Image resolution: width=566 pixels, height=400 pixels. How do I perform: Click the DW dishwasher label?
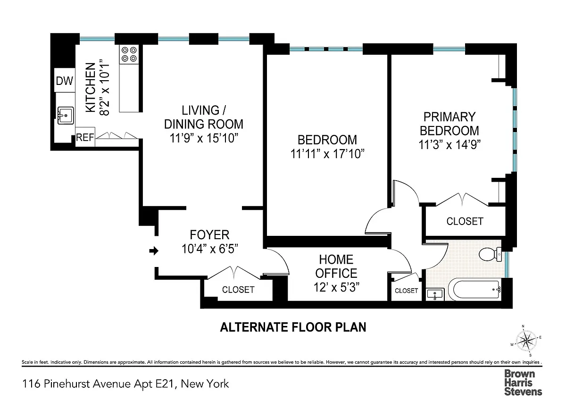65,81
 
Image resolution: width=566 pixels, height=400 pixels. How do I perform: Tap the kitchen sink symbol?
66,116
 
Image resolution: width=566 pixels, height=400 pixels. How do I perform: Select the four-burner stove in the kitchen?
129,54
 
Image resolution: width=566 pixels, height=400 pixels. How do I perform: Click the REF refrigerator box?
85,137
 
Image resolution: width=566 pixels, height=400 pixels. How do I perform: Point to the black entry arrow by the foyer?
154,251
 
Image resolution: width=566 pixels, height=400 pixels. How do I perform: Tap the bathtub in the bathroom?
475,290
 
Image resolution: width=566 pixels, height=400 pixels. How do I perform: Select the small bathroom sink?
435,294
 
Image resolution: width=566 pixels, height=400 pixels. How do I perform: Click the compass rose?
526,341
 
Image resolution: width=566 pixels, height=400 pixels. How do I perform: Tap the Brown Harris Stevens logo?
523,383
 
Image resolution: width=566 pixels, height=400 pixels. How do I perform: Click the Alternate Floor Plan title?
293,327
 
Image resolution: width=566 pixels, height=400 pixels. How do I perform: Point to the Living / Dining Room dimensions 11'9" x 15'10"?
204,138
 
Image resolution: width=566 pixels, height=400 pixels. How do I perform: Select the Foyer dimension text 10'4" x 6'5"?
210,249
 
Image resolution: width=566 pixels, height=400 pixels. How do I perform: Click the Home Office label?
336,267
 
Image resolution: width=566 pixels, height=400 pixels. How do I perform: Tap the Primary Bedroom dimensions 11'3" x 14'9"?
449,145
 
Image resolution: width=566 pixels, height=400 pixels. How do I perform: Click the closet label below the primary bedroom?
465,221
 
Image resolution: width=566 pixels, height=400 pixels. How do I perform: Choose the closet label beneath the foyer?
238,290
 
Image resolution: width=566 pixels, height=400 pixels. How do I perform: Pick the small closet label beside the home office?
406,291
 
